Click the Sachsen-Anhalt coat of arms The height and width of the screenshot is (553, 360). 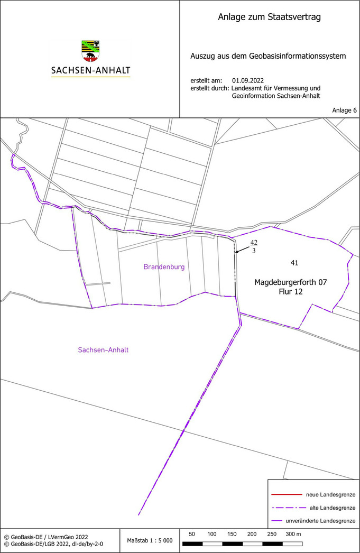90,51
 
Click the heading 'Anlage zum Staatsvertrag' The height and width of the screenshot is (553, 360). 269,17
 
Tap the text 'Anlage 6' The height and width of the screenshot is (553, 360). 344,110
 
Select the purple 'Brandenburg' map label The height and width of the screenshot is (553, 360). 164,267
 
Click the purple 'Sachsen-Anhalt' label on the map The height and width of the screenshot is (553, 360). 103,350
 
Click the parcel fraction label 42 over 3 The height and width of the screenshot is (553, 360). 254,247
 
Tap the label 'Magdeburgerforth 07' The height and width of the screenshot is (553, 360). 291,282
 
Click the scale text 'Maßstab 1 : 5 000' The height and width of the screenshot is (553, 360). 150,540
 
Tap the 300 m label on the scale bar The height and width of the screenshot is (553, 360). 293,534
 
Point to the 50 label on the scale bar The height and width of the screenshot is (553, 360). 192,534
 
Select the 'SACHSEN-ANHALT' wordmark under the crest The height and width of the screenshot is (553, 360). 90,70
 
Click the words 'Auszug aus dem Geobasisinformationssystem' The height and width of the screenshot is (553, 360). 268,56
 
